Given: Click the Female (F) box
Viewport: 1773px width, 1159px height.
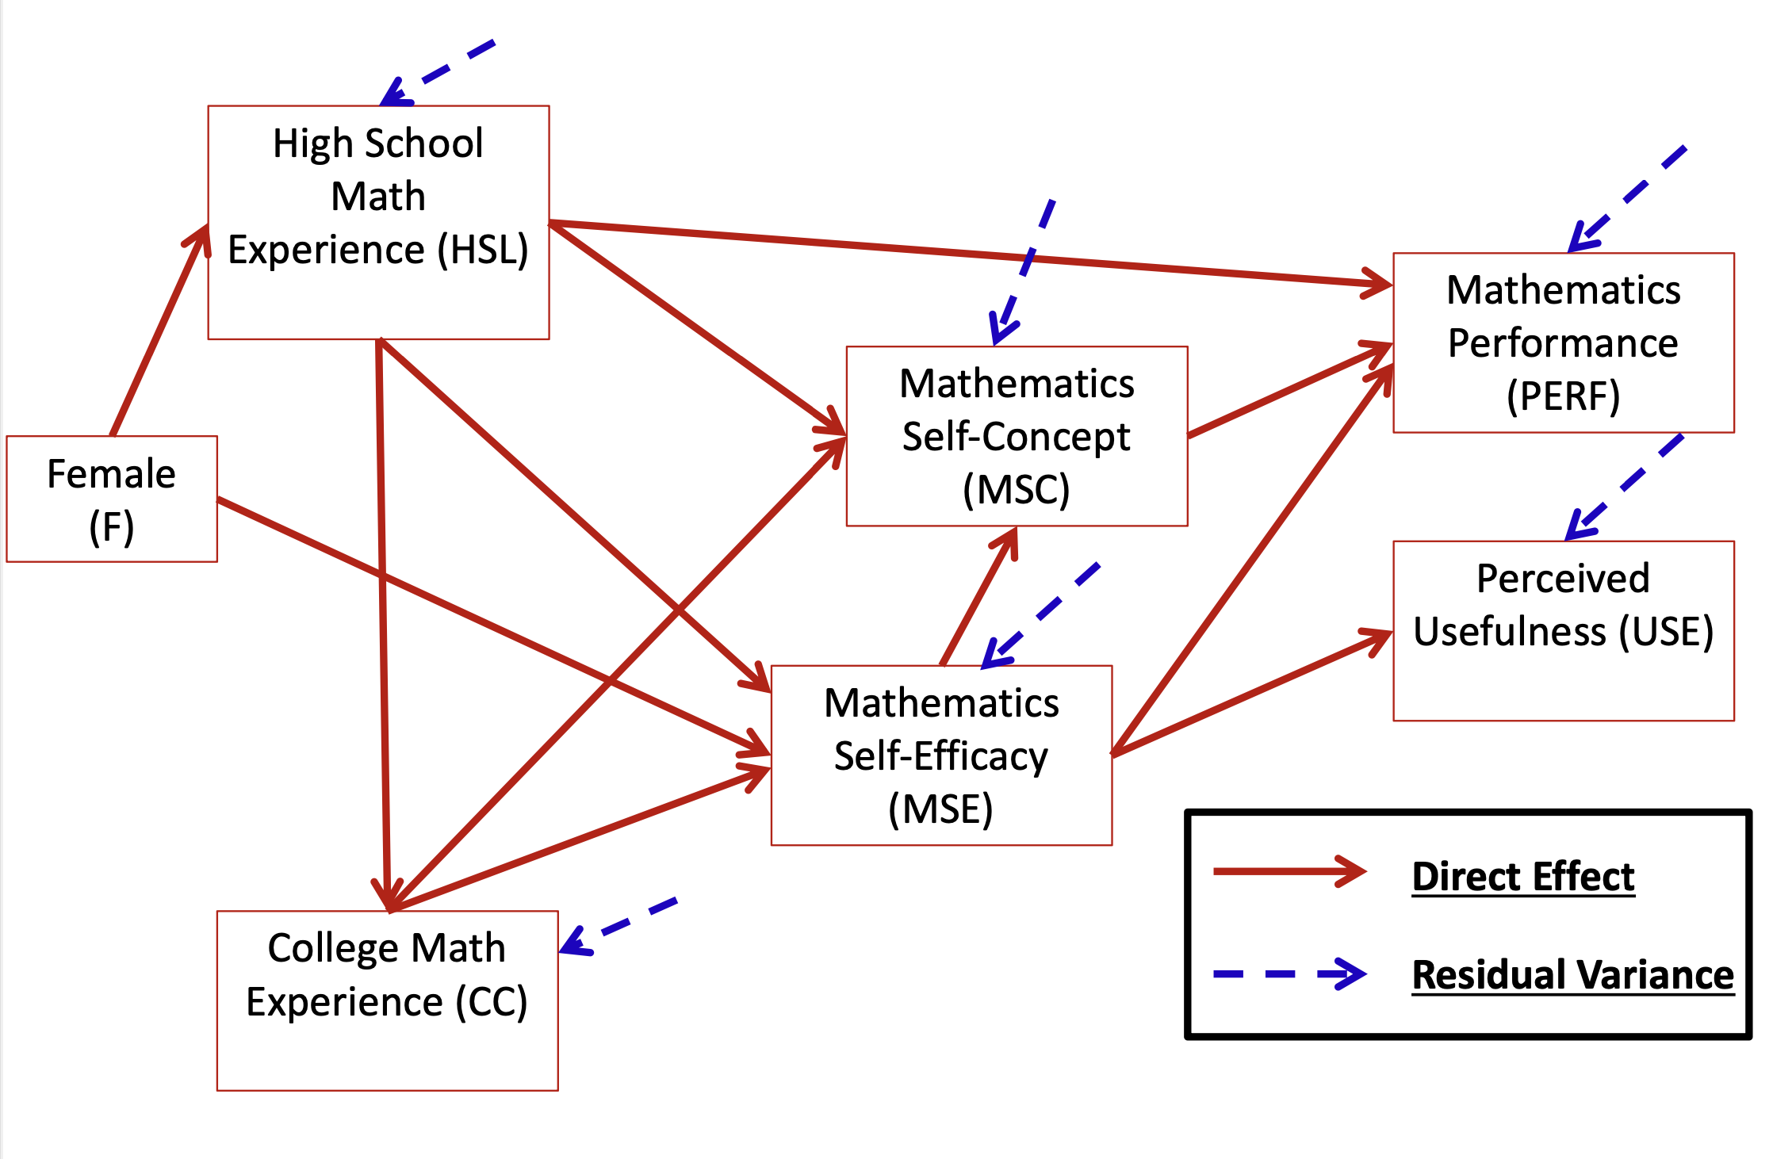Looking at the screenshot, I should click(x=112, y=499).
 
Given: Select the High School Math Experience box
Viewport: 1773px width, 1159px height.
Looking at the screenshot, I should click(x=378, y=222).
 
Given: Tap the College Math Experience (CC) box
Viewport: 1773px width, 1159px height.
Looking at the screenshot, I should click(x=387, y=1000).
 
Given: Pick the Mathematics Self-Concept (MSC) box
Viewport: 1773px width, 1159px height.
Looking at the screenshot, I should click(x=1017, y=436).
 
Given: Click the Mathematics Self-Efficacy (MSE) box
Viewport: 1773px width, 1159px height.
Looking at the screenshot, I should click(x=941, y=755).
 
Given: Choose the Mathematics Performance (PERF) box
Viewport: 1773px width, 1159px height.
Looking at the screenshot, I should click(x=1563, y=342).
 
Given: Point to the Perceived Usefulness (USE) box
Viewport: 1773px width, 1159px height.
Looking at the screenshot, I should click(x=1563, y=630).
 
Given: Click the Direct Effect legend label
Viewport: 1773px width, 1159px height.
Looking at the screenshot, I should click(x=1522, y=877).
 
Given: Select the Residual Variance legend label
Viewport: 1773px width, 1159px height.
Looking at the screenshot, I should click(x=1572, y=974).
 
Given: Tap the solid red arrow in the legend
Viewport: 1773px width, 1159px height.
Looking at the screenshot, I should click(x=1289, y=871).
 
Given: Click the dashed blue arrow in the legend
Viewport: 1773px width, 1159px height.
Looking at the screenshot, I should click(x=1289, y=973).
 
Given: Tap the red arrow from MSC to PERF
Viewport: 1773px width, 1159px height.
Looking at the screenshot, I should click(x=1289, y=390).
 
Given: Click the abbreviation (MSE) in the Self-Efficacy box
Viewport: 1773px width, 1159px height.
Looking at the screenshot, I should click(x=940, y=809).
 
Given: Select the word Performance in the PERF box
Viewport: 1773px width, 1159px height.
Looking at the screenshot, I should click(x=1563, y=343).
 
